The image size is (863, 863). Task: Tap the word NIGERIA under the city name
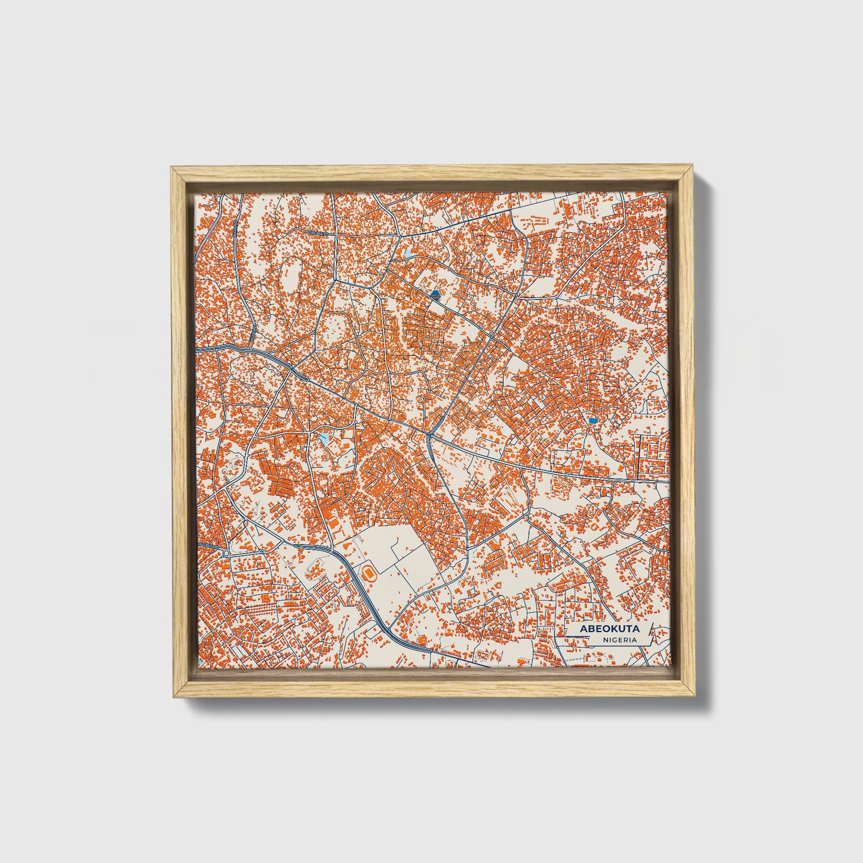pos(619,640)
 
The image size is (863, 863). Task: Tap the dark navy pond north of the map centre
pos(434,295)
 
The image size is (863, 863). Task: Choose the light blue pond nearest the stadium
pos(324,440)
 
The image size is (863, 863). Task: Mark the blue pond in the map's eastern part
pos(592,421)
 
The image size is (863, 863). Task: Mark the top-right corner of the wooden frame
pos(695,168)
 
